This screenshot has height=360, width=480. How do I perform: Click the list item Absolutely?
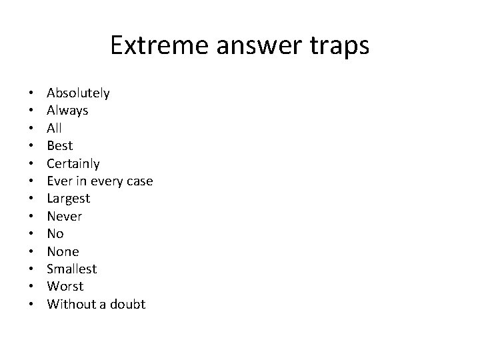point(78,93)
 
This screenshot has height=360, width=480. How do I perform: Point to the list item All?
point(54,128)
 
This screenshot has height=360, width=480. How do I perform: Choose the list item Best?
point(59,146)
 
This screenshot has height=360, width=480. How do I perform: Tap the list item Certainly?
point(73,163)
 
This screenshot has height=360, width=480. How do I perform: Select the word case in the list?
point(139,181)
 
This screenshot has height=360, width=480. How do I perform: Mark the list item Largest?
point(68,199)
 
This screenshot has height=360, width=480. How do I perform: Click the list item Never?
point(64,216)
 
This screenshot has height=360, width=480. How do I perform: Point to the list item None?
point(63,251)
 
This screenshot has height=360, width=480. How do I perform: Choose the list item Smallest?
point(71,269)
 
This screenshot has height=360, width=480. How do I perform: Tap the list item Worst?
point(65,287)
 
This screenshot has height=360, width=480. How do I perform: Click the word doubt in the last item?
point(129,304)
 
